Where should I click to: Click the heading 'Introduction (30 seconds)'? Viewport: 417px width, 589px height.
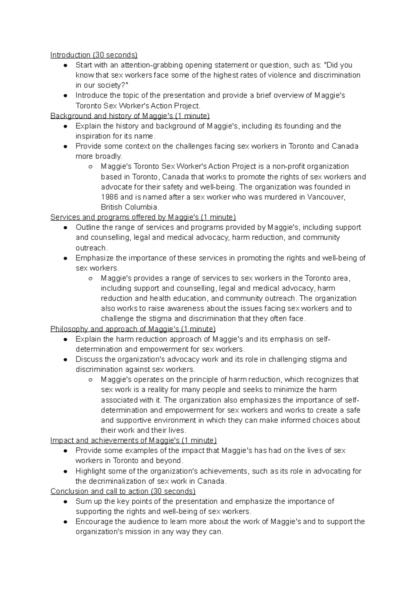[x=94, y=55]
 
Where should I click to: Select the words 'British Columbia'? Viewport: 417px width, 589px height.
[x=130, y=207]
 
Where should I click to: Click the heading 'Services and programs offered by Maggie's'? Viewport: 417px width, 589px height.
[x=143, y=217]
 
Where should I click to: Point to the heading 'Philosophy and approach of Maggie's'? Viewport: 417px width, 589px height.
[x=133, y=329]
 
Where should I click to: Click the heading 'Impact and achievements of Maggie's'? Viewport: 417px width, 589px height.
[x=133, y=440]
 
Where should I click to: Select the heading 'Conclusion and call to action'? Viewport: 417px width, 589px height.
[x=123, y=491]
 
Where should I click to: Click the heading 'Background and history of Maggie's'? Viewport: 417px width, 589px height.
[x=130, y=116]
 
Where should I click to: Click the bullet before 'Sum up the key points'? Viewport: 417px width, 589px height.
[x=65, y=502]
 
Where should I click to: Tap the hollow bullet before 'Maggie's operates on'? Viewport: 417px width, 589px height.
[x=90, y=380]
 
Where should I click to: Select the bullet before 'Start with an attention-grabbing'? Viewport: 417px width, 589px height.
[x=65, y=65]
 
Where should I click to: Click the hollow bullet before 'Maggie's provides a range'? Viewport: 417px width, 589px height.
[x=90, y=278]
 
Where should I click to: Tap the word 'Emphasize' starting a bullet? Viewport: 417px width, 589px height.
[x=92, y=258]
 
